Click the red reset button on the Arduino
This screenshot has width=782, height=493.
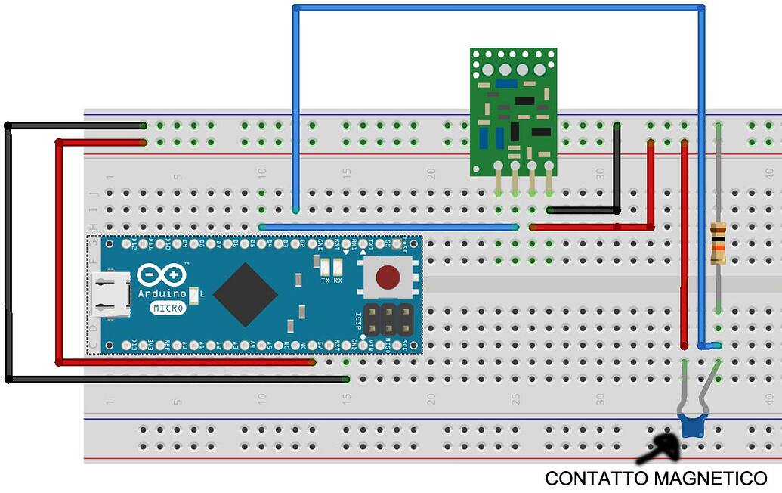(x=388, y=278)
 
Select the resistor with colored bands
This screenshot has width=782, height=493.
(x=718, y=243)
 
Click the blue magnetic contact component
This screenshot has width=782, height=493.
(x=691, y=426)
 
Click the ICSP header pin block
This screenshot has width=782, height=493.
(x=388, y=319)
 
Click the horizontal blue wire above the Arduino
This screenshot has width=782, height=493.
(x=388, y=227)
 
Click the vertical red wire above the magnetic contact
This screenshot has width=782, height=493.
(x=685, y=242)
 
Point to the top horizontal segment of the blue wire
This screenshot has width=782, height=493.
(x=499, y=8)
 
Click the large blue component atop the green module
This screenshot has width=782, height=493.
(x=506, y=84)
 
